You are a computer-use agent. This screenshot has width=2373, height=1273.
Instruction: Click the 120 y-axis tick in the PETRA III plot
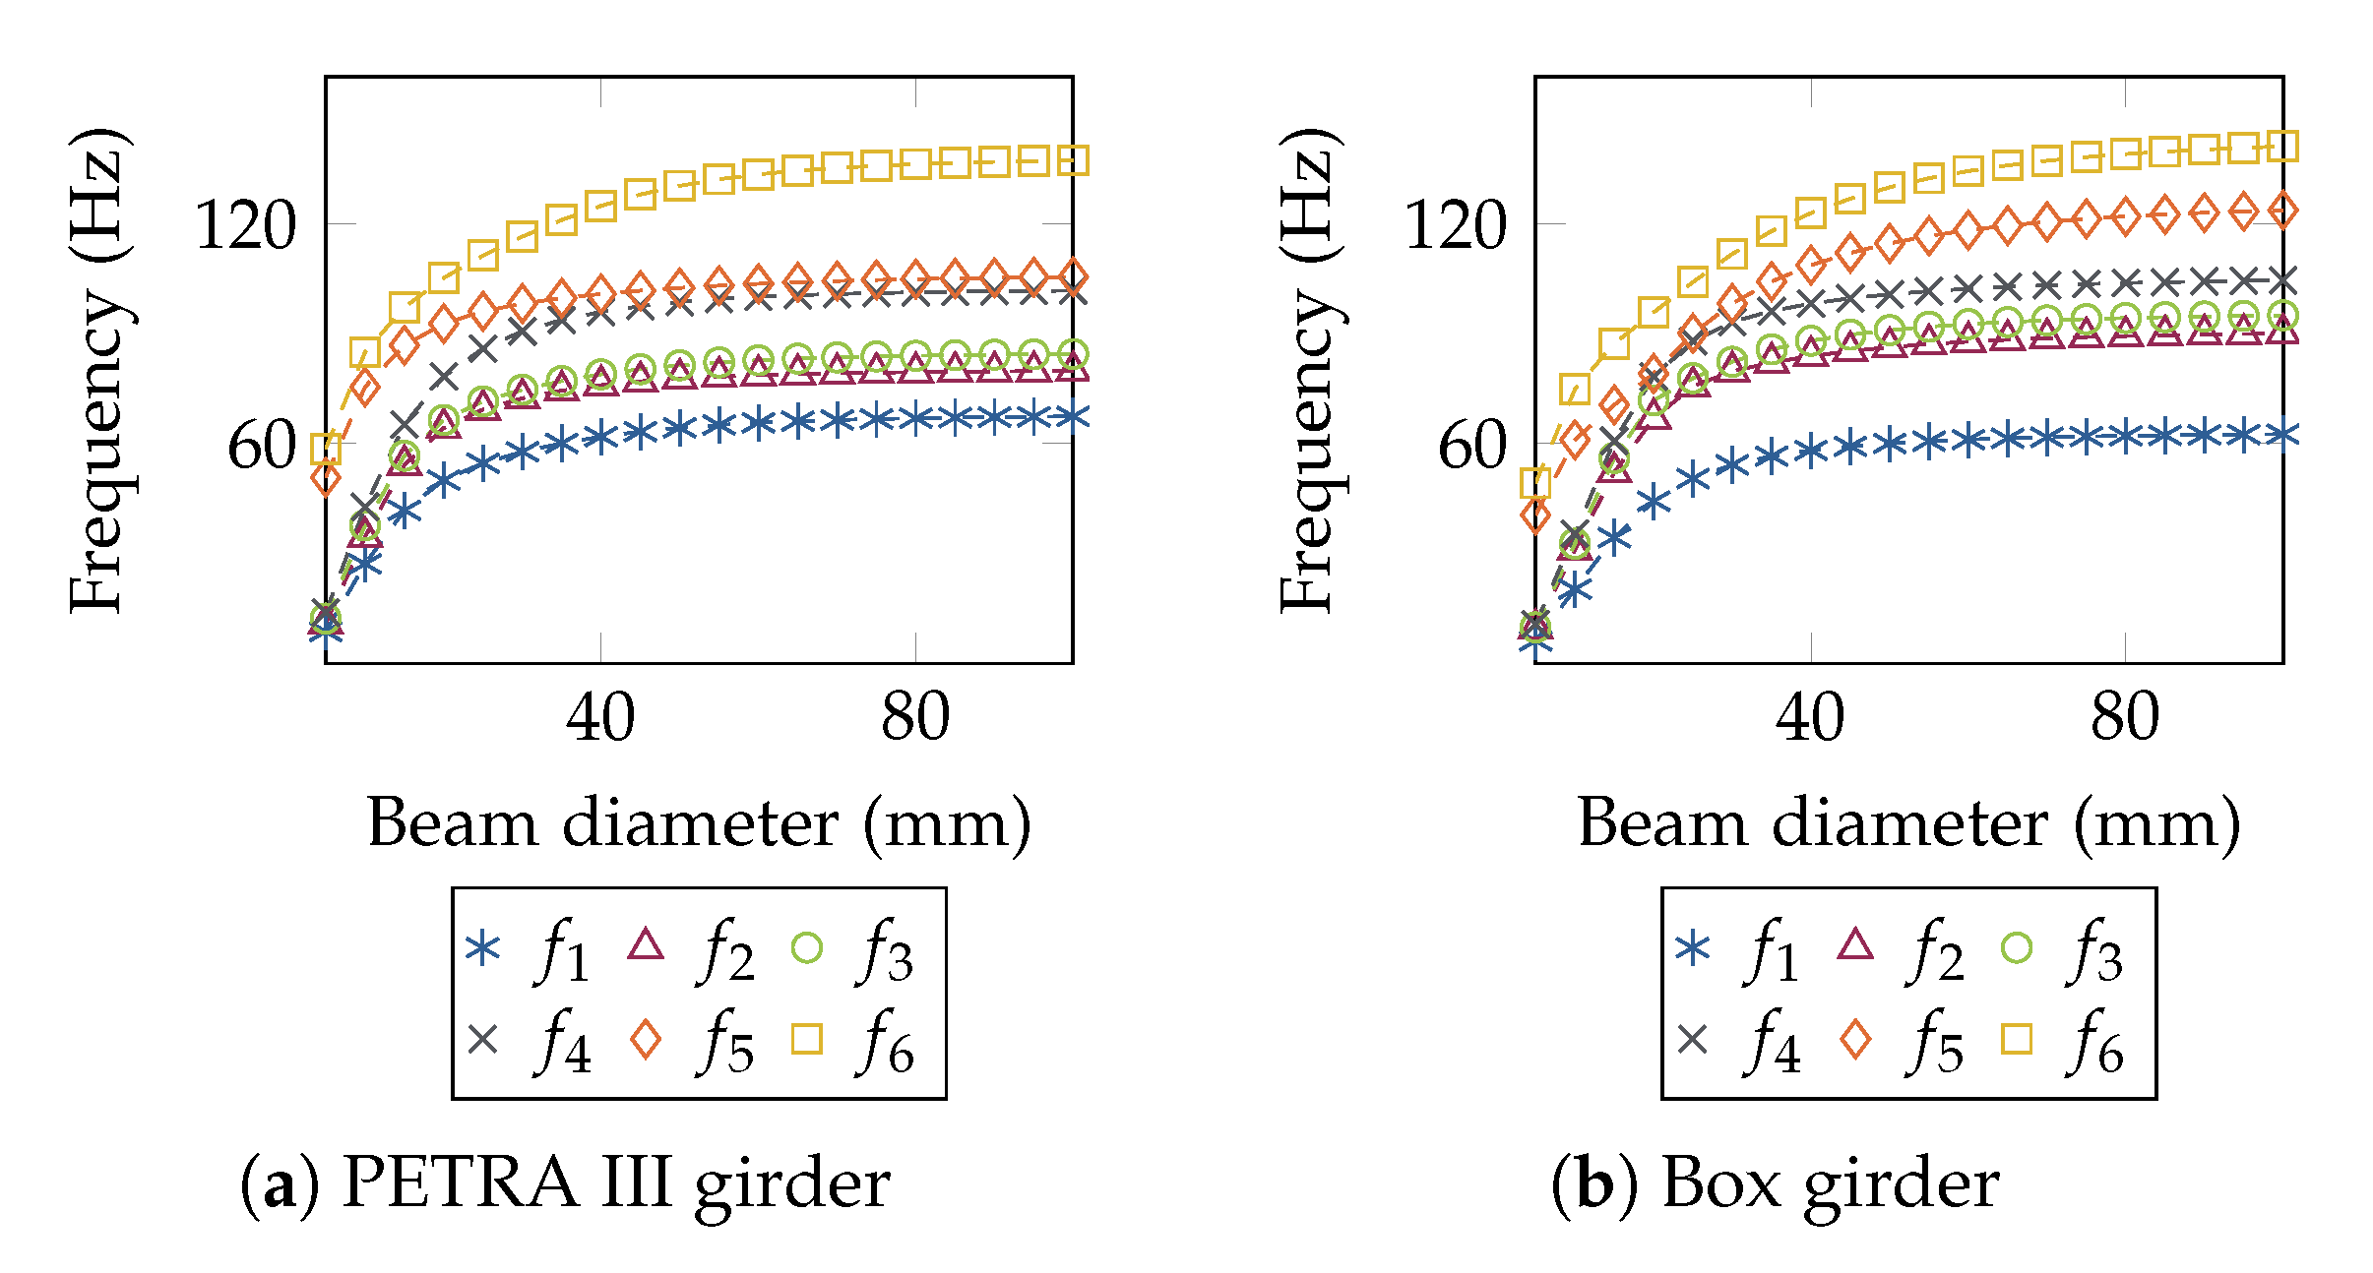point(245,225)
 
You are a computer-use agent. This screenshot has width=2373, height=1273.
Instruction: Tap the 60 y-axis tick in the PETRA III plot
point(261,446)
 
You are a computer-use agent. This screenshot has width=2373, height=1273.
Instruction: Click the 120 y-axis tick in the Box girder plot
point(1455,225)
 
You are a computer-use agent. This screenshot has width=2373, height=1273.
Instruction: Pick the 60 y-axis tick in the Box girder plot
point(1471,446)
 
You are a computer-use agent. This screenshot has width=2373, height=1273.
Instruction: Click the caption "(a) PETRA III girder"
point(565,1182)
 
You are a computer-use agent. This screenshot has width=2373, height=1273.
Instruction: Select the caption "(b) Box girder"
point(1775,1182)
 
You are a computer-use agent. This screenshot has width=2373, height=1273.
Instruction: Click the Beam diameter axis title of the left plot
point(699,822)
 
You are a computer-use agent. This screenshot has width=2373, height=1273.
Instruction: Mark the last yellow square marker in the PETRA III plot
point(1073,160)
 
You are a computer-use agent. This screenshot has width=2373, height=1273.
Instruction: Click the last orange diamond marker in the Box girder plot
point(2282,210)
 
